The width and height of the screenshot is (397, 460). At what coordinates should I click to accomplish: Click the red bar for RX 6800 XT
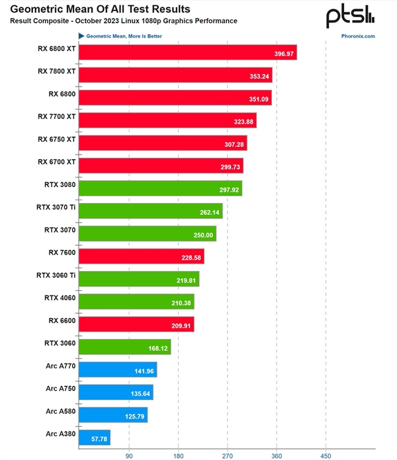(187, 52)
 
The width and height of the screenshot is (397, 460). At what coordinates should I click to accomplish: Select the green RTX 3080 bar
(160, 188)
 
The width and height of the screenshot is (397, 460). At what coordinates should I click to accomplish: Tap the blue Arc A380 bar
(94, 438)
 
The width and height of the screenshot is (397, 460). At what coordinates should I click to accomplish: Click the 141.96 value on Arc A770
(144, 371)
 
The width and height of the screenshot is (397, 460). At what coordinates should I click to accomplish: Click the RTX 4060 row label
(60, 297)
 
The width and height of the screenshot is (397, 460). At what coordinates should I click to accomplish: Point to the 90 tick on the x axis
(129, 455)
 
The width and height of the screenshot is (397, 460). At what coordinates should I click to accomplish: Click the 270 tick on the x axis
(228, 455)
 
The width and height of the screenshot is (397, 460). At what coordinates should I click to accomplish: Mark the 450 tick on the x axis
(326, 455)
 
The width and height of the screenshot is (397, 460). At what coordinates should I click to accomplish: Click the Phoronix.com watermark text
(359, 36)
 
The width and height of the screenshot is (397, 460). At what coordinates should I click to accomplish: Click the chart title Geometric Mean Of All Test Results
(100, 9)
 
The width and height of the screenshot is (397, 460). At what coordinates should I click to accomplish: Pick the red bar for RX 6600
(136, 324)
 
